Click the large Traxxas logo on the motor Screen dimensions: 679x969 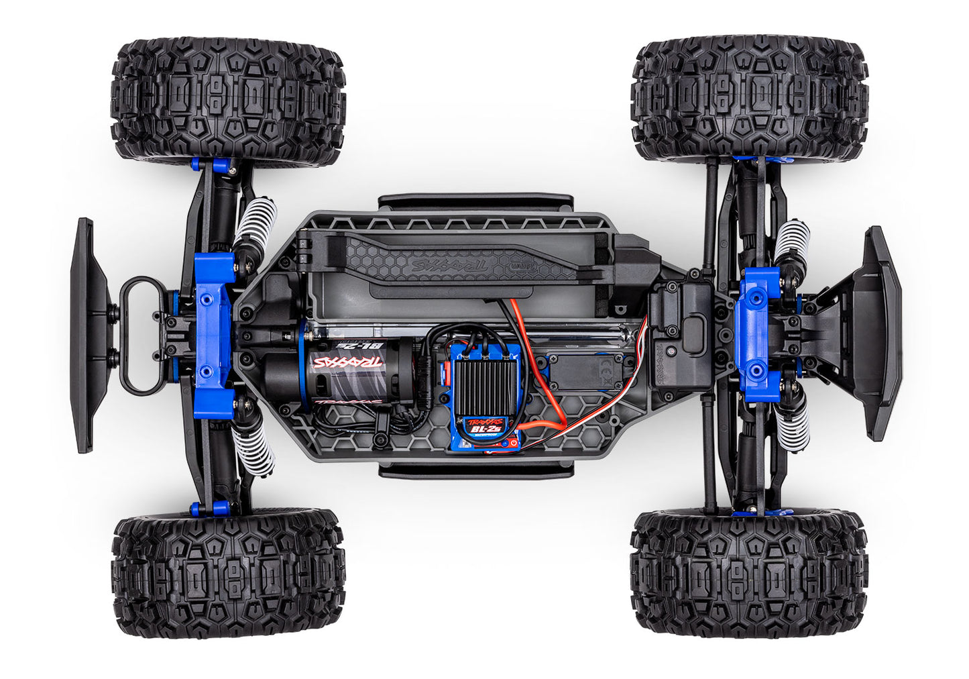[347, 363]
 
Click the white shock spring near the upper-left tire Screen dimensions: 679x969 [257, 221]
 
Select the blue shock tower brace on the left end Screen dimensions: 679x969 [214, 335]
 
